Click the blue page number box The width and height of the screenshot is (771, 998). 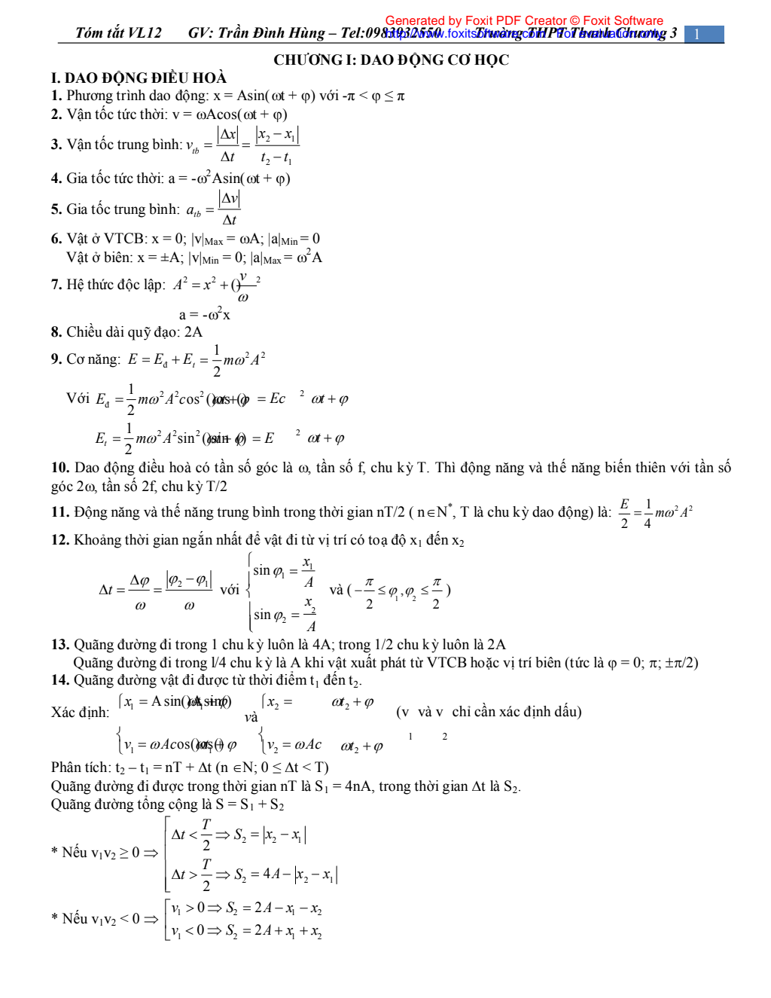703,34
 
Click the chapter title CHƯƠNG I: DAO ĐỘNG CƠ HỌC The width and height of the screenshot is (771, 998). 391,60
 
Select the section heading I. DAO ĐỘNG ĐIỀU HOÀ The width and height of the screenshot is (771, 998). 139,78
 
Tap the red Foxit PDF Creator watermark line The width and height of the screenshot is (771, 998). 524,20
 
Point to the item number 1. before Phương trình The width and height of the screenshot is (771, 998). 56,96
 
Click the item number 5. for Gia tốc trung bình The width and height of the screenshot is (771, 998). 56,209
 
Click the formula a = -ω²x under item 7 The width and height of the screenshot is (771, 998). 204,314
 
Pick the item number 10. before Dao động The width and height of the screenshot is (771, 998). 60,468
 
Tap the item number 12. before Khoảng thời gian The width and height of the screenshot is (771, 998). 60,540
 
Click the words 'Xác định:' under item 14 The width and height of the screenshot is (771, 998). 80,713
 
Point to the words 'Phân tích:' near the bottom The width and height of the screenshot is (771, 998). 81,768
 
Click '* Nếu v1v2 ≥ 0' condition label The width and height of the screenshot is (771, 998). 104,853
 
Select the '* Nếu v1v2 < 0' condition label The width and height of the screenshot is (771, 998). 104,919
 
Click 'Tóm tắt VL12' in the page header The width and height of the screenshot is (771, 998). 118,32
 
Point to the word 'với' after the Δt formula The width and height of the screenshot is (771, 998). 230,590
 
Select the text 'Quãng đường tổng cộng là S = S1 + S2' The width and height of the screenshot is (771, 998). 167,804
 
